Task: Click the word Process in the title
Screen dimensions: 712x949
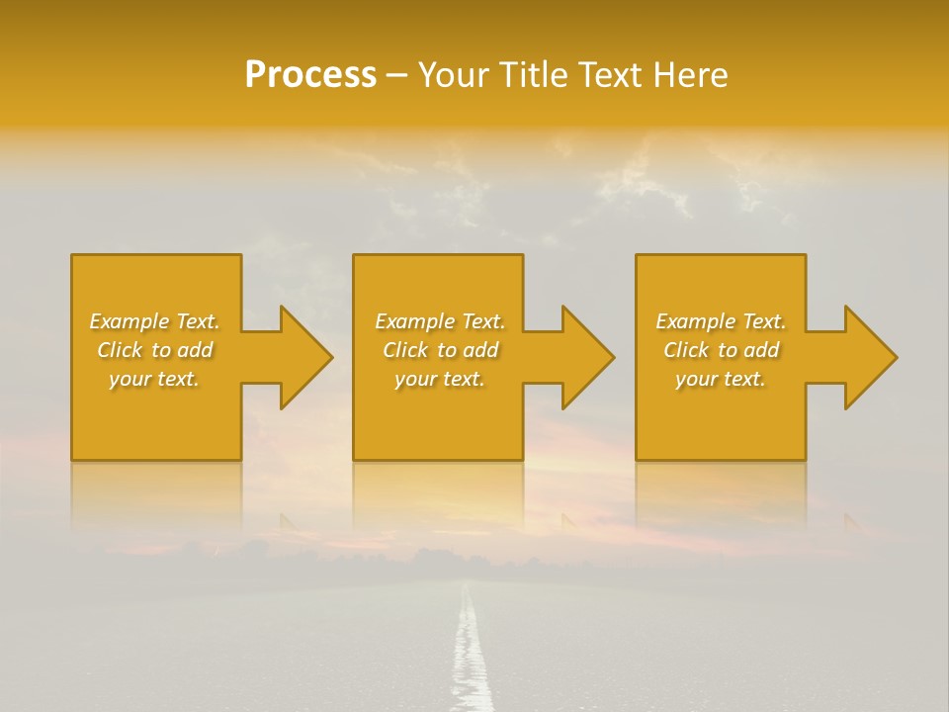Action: [x=310, y=75]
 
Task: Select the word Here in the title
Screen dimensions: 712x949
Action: [x=691, y=75]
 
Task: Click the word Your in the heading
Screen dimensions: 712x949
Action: [x=456, y=75]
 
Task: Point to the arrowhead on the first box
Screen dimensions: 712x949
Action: [x=305, y=357]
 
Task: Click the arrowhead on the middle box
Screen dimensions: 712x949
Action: [x=587, y=357]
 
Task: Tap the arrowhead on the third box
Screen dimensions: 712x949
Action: [x=870, y=357]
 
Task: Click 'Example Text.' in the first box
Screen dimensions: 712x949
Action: [x=154, y=321]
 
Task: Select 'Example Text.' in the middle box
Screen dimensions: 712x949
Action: [x=440, y=321]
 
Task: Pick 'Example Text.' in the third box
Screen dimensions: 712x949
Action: [x=721, y=321]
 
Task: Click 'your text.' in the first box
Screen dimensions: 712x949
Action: [x=154, y=379]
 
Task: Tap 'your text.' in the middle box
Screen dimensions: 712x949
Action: [x=440, y=379]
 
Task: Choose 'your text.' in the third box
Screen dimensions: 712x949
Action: [x=721, y=379]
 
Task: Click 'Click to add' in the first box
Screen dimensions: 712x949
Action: [x=154, y=350]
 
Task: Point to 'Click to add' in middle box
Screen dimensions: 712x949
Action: [x=440, y=350]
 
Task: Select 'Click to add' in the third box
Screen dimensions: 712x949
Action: [x=721, y=350]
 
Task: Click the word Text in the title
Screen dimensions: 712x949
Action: [x=608, y=75]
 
